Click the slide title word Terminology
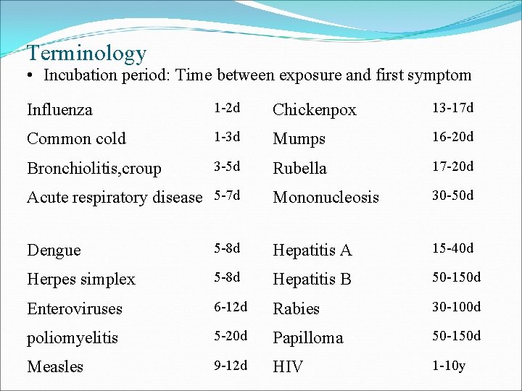(x=86, y=53)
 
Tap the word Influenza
(x=59, y=110)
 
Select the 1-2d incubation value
(x=225, y=109)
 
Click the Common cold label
(x=76, y=139)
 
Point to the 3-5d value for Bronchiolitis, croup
(x=225, y=167)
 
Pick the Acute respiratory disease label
(x=114, y=197)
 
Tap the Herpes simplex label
(x=81, y=279)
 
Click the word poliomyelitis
(x=72, y=337)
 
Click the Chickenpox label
(x=315, y=110)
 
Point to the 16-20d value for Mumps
(x=452, y=137)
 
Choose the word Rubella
(x=299, y=168)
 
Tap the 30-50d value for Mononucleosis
(x=452, y=195)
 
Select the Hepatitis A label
(x=312, y=251)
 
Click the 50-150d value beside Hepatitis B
(x=456, y=277)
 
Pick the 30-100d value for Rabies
(x=456, y=307)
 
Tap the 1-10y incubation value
(x=449, y=365)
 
